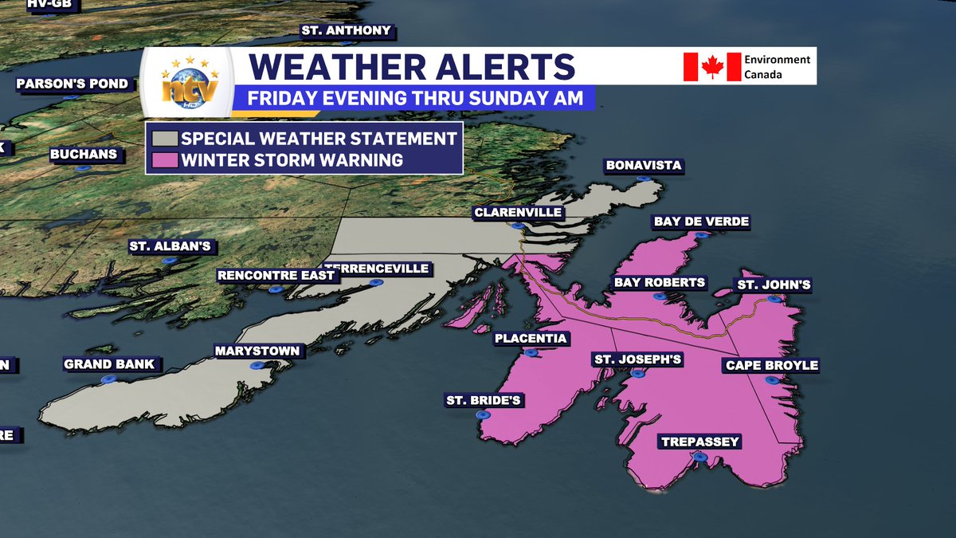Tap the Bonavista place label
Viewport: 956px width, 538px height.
click(x=644, y=166)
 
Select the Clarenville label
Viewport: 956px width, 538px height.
click(x=518, y=213)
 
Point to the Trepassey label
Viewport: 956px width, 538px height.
click(x=700, y=442)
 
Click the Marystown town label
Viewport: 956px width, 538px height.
click(x=257, y=351)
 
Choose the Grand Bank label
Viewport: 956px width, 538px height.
click(x=109, y=365)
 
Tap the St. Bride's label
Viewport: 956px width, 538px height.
click(x=484, y=400)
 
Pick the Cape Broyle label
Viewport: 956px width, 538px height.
click(x=771, y=366)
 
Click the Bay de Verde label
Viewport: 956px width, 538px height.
click(x=701, y=222)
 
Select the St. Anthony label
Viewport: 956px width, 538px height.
click(x=346, y=31)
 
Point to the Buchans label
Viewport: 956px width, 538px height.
click(x=83, y=154)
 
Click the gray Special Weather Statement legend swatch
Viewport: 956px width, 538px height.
click(x=163, y=138)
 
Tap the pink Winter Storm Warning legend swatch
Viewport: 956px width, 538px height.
click(x=163, y=159)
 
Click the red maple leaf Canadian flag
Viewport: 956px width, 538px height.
click(x=711, y=67)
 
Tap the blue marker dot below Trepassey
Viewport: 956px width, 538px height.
click(x=699, y=457)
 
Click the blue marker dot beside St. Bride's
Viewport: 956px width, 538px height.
click(x=482, y=415)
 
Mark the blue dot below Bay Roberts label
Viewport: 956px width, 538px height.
click(x=659, y=296)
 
